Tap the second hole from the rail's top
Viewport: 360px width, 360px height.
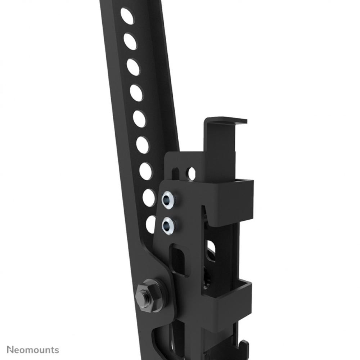[x=130, y=42]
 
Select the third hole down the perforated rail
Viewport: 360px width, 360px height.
[x=133, y=67]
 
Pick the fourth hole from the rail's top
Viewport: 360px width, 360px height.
[x=136, y=93]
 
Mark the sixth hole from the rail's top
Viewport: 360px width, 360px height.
[x=143, y=145]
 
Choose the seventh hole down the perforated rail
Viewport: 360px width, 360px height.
[x=146, y=171]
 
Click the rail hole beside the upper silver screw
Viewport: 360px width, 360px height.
[x=149, y=197]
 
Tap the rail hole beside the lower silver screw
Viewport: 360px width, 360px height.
[x=151, y=224]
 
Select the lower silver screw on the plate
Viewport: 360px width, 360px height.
[x=168, y=226]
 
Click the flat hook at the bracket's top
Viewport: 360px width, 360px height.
[x=227, y=121]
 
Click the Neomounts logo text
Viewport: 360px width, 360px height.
[x=33, y=350]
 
